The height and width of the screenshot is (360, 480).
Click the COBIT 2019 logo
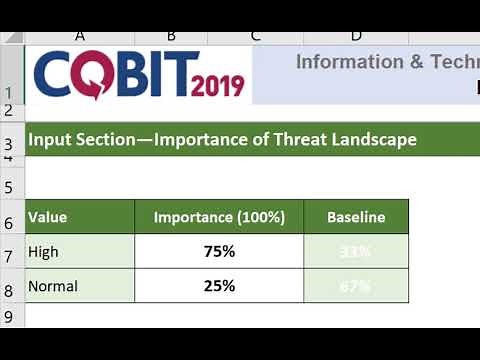coord(139,75)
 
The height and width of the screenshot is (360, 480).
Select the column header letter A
coord(79,37)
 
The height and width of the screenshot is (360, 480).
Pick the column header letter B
coord(171,37)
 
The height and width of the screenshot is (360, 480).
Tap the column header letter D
coord(357,37)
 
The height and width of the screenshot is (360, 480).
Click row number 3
coord(9,146)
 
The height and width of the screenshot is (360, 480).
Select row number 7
coord(9,255)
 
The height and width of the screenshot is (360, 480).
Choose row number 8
coord(9,289)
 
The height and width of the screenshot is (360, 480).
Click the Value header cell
coord(79,216)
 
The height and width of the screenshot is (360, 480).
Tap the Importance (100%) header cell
coord(219,216)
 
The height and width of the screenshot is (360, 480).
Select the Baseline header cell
coord(356,216)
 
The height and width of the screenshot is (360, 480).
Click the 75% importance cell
coord(219,252)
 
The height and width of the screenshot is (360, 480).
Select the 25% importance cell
coord(219,286)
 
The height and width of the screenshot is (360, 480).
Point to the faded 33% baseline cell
coord(356,252)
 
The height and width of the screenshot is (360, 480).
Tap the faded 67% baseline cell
coord(356,286)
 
